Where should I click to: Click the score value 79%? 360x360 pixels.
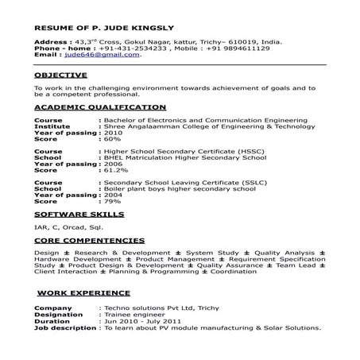(111, 200)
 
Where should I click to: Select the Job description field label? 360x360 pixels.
(65, 327)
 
